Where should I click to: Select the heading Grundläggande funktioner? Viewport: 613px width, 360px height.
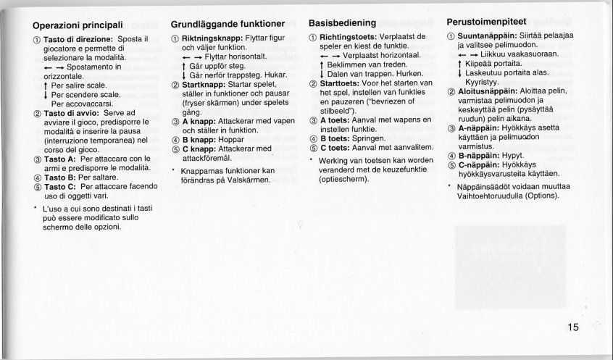tap(228, 25)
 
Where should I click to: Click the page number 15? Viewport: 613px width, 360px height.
tap(572, 327)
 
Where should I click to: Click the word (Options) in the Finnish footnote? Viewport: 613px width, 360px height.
tap(542, 195)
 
